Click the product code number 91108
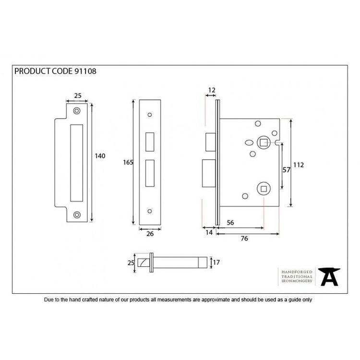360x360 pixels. pos(85,71)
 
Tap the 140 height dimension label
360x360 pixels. pos(100,156)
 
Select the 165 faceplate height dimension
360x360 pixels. pos(128,163)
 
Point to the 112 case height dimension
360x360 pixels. pos(299,165)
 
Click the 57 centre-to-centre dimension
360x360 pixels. pos(286,170)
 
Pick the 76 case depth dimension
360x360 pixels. pos(244,239)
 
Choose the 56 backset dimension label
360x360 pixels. pos(230,223)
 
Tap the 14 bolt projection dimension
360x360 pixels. pos(209,233)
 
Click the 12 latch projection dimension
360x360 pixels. pos(212,90)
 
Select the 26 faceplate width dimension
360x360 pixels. pos(150,234)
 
